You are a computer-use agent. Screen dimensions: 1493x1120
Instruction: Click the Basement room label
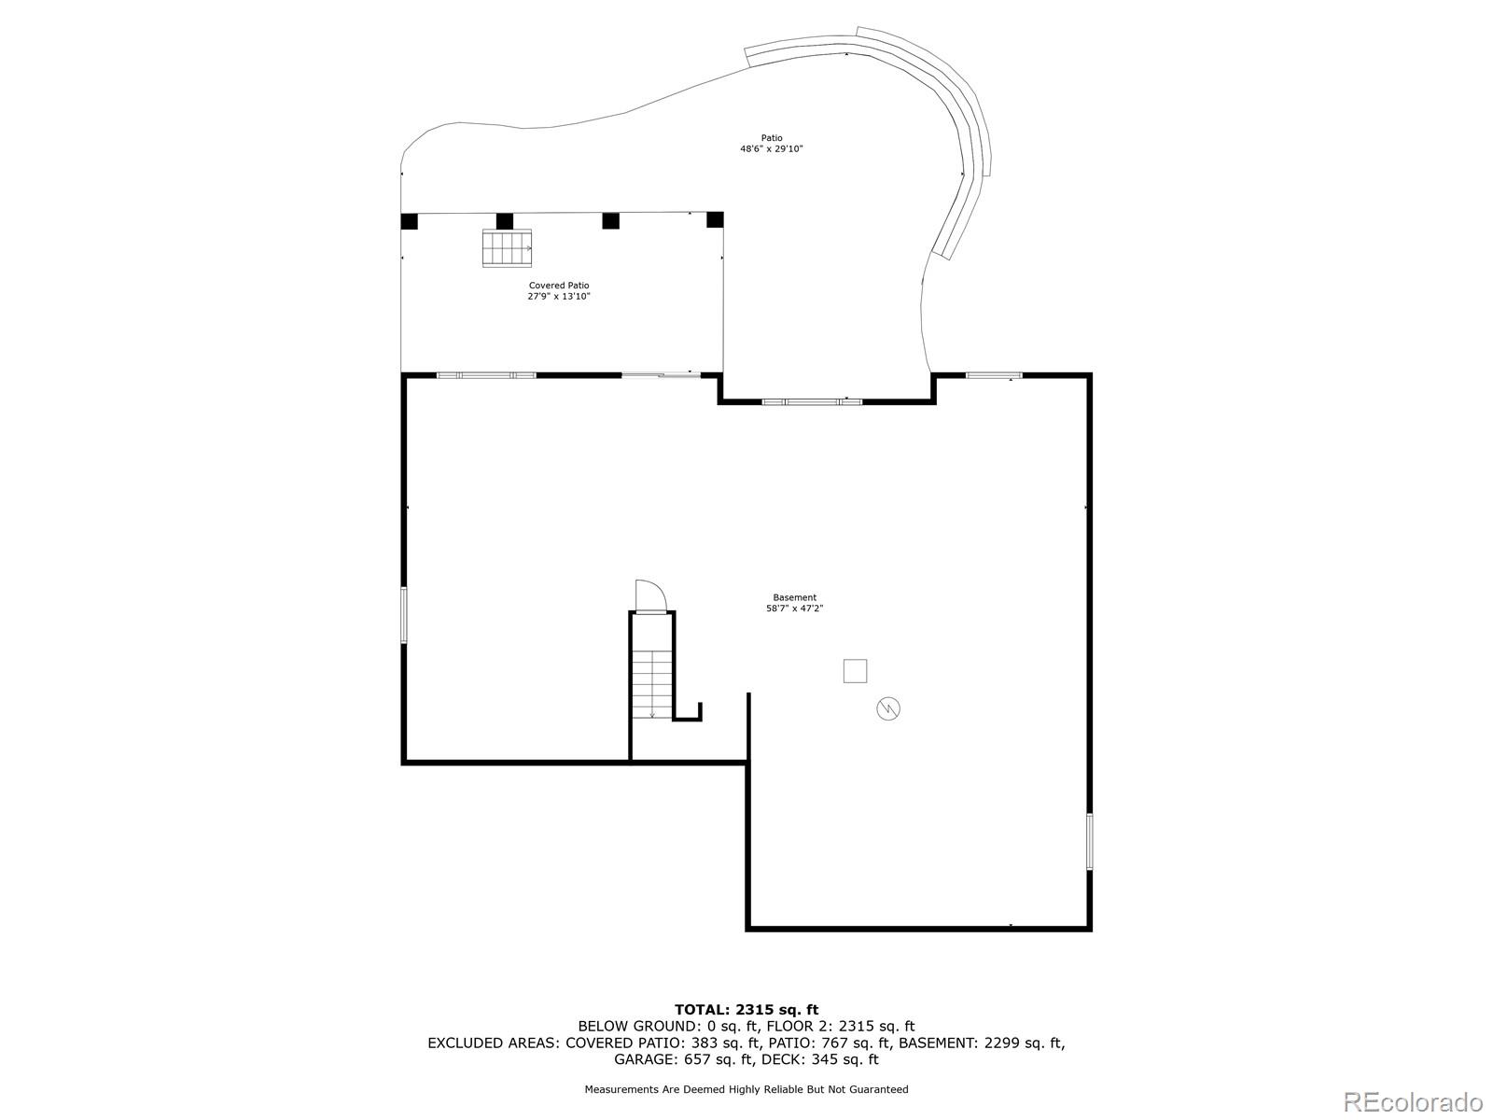(x=794, y=597)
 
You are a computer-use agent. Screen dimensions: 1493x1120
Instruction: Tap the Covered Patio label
(x=558, y=286)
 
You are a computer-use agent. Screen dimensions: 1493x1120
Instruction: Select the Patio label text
(x=772, y=138)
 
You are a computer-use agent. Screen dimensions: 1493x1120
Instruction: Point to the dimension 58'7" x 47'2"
(x=794, y=609)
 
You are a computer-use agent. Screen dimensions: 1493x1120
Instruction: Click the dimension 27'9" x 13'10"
(x=558, y=297)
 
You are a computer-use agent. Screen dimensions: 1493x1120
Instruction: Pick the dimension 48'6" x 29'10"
(x=772, y=149)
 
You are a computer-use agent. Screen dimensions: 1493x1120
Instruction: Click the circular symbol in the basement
(x=887, y=708)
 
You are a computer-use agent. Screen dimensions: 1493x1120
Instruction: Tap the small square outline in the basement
(x=855, y=670)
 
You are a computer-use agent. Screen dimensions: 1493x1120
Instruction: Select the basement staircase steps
(x=652, y=684)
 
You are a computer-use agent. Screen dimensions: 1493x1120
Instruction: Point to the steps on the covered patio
(x=507, y=248)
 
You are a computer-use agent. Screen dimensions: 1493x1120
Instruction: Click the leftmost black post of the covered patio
(x=409, y=221)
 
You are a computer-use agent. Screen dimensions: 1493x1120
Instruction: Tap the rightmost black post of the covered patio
(x=715, y=219)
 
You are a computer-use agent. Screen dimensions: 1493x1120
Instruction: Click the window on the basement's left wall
(x=403, y=615)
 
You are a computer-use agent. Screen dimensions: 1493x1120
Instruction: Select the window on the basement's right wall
(x=1089, y=841)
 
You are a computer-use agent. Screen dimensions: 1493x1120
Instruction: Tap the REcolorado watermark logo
(x=1413, y=1101)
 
